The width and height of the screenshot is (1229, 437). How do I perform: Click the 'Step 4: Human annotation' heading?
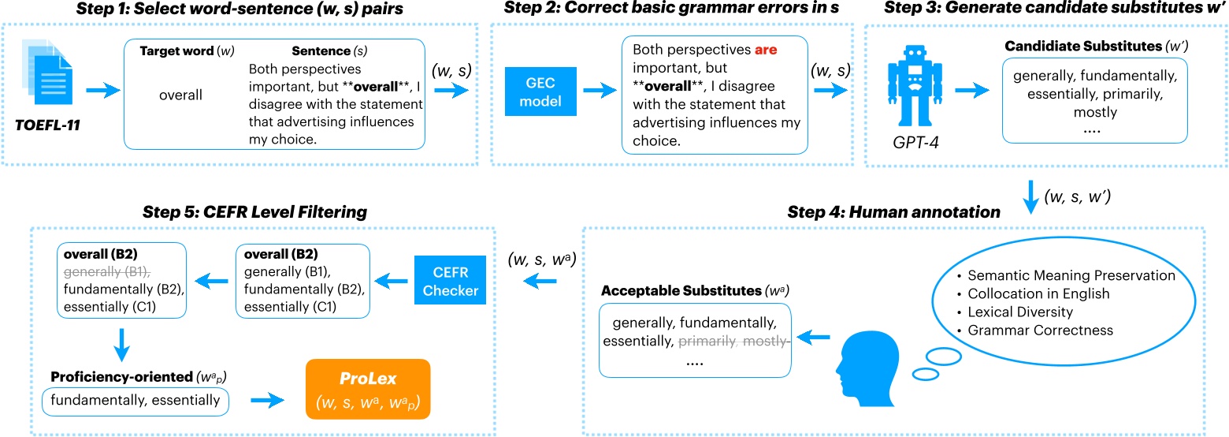coord(894,211)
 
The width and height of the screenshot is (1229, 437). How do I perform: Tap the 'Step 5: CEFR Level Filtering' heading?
coord(254,211)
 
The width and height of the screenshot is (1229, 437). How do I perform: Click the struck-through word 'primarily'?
coord(707,342)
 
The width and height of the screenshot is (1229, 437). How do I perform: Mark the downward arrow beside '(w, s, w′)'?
coord(1027,197)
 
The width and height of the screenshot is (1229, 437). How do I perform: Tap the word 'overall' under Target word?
coord(180,95)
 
